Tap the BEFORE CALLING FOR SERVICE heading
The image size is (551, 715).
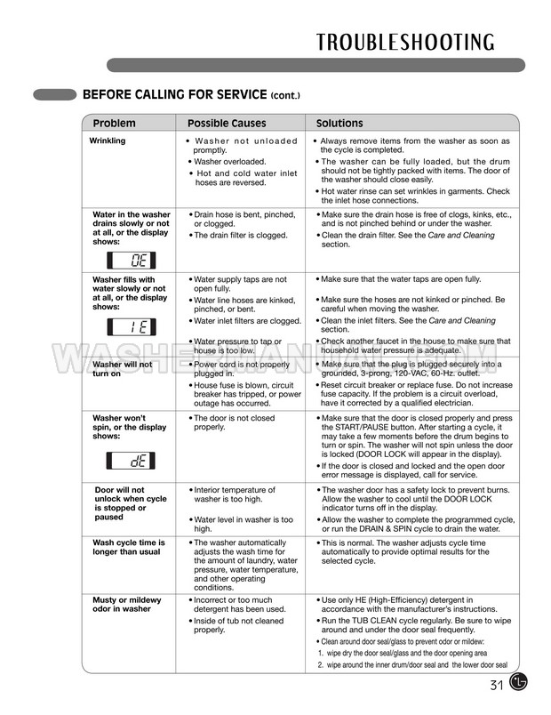click(191, 94)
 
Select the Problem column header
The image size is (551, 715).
click(115, 123)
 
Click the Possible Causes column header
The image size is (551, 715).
click(226, 123)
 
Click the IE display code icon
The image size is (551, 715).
click(132, 325)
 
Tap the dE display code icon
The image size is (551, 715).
click(132, 461)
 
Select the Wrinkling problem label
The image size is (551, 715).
click(108, 141)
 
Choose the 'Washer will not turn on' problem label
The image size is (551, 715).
click(123, 368)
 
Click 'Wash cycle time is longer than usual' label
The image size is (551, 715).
click(129, 547)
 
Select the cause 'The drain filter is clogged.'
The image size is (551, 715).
click(228, 235)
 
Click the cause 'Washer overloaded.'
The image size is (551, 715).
click(227, 162)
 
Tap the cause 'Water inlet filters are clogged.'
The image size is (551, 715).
click(246, 321)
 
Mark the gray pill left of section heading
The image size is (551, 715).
click(54, 93)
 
